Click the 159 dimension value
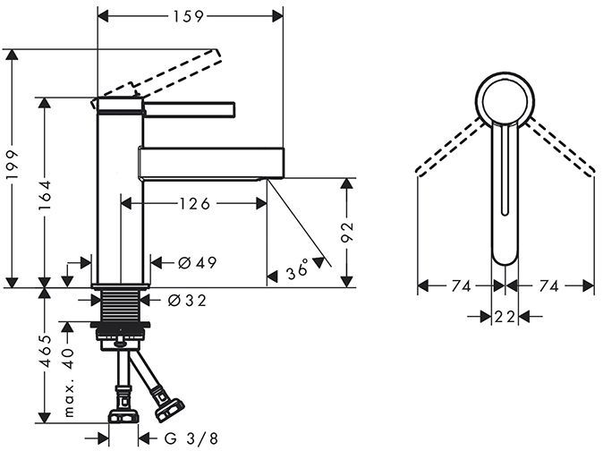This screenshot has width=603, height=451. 189,15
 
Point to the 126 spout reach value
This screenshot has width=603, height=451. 193,204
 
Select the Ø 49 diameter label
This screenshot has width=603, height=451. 198,262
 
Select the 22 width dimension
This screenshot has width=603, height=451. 505,315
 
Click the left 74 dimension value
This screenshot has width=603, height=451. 462,286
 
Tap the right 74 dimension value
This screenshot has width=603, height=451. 549,286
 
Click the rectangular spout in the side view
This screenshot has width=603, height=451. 212,163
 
